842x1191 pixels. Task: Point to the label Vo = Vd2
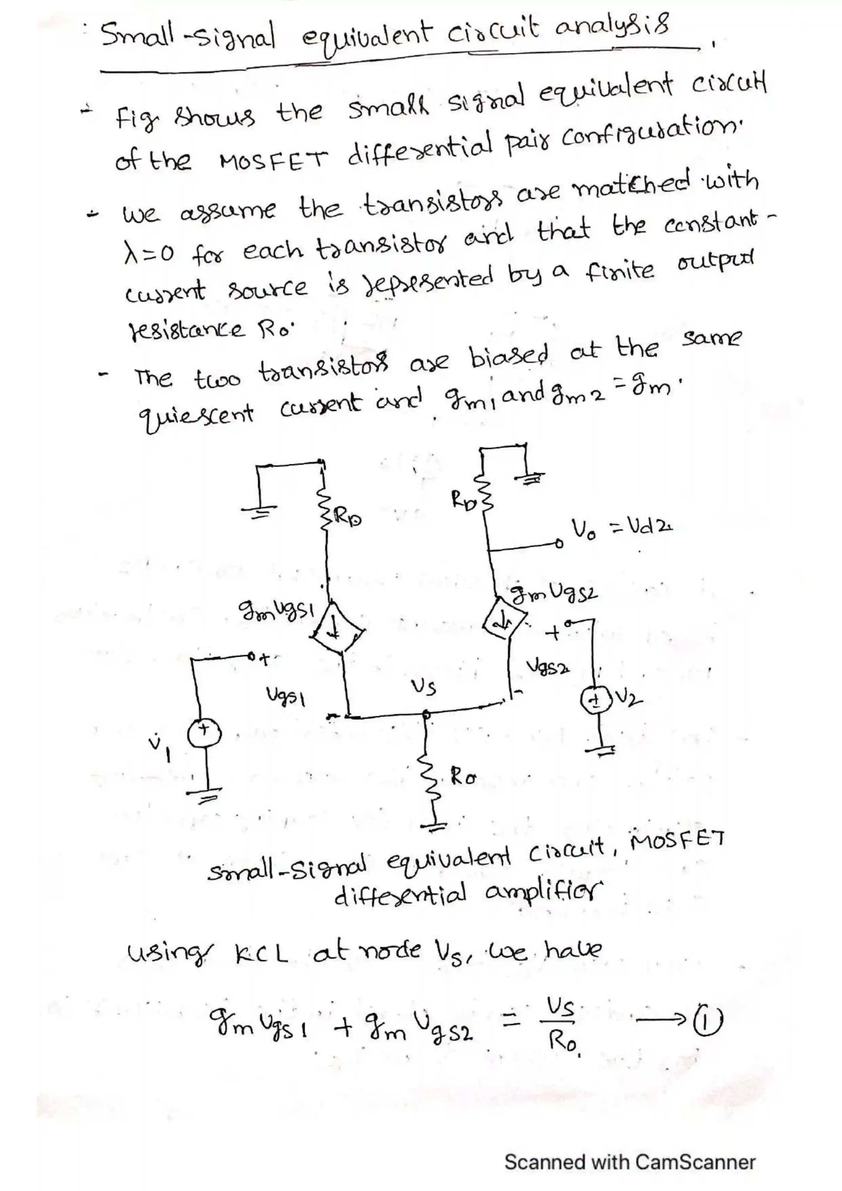[x=621, y=529]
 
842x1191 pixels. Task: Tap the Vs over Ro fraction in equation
[x=561, y=1024]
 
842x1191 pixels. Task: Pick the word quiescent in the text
[x=195, y=413]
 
